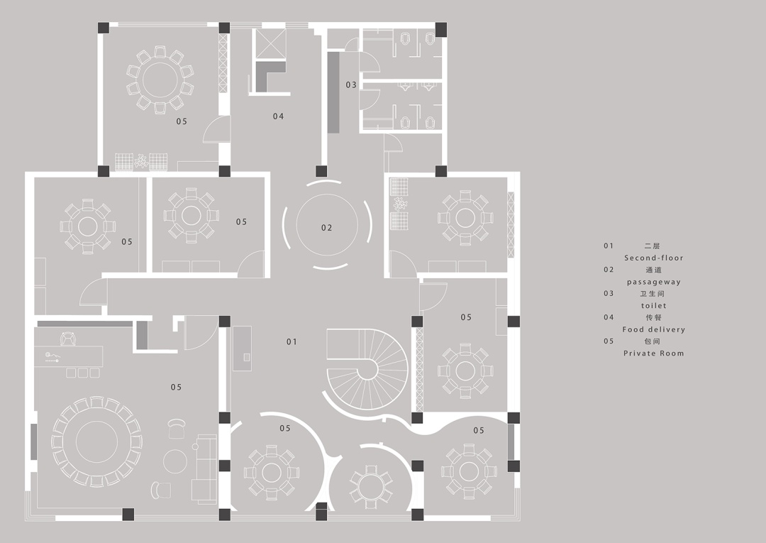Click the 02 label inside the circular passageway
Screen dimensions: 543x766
click(x=326, y=228)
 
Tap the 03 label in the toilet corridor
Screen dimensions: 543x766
click(x=351, y=85)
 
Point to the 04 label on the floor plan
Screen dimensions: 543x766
click(x=278, y=116)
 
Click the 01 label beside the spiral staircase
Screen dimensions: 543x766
click(x=292, y=341)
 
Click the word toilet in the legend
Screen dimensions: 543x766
click(x=653, y=306)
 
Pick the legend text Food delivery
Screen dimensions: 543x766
click(x=653, y=329)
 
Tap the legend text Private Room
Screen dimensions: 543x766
click(x=653, y=353)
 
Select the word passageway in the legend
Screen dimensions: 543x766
click(x=653, y=282)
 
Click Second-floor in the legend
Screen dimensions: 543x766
click(x=653, y=258)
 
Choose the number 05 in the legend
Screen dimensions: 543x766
click(x=609, y=341)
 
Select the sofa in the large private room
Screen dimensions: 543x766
click(x=206, y=468)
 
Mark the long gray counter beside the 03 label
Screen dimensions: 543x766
click(x=333, y=91)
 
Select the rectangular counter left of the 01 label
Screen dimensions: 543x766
click(x=243, y=348)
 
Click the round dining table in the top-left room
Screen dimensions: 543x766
click(x=160, y=79)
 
